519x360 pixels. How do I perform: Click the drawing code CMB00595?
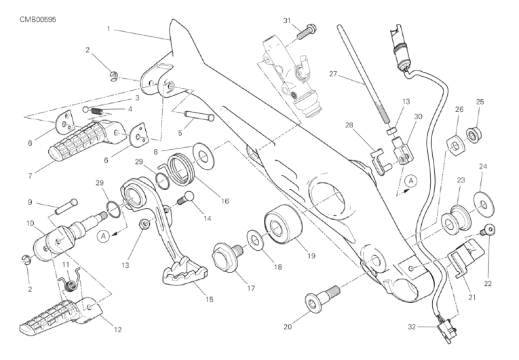pyautogui.click(x=37, y=19)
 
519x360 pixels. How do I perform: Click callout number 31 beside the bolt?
pyautogui.click(x=287, y=20)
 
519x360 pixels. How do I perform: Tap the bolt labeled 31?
pyautogui.click(x=309, y=28)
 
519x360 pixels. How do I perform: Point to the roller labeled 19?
pyautogui.click(x=278, y=226)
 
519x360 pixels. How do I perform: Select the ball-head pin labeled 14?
pyautogui.click(x=187, y=198)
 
